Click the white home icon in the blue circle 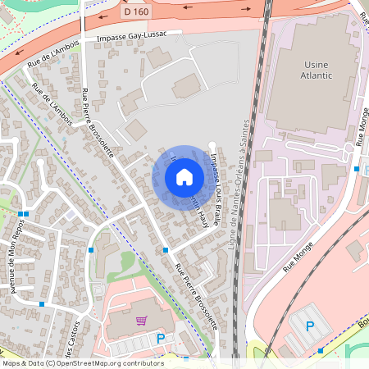coord(184,176)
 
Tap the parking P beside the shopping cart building coord(161,338)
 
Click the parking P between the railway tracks coord(311,326)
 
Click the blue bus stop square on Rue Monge coord(357,169)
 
